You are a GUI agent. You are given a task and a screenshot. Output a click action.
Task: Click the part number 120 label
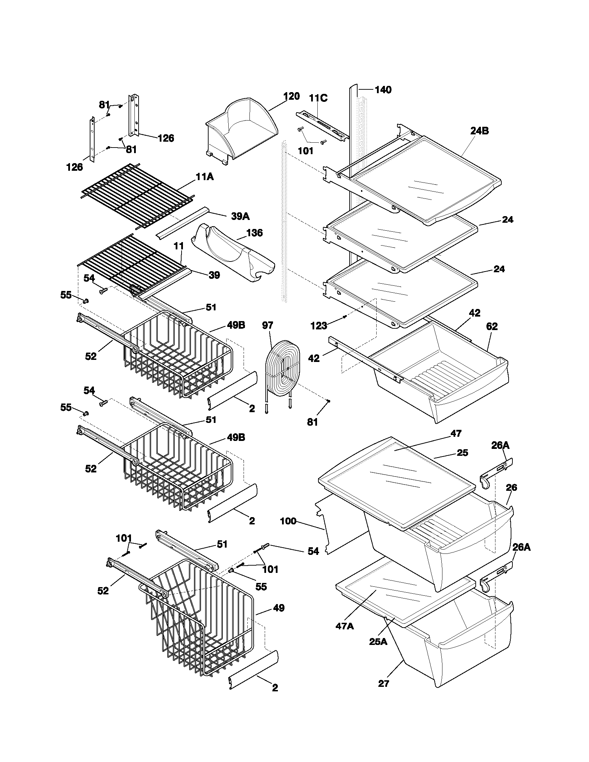(x=291, y=97)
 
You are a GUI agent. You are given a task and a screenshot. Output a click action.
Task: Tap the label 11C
(x=318, y=98)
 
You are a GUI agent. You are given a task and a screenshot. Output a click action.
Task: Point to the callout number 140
(x=383, y=90)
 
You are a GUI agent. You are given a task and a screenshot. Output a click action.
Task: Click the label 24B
(x=480, y=131)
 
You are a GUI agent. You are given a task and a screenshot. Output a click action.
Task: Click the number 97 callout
(x=267, y=326)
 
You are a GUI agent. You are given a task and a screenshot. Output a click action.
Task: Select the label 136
(x=254, y=233)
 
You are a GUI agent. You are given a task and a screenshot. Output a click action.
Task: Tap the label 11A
(x=204, y=177)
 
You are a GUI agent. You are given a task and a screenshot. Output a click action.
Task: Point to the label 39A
(x=240, y=216)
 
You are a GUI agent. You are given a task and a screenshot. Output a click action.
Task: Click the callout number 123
(x=318, y=326)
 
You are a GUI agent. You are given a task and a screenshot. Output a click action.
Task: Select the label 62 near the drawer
(x=492, y=327)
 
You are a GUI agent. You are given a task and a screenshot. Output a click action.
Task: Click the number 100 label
(x=288, y=521)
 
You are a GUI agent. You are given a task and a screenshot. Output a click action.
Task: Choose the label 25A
(x=378, y=641)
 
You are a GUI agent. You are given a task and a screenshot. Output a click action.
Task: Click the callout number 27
(x=384, y=683)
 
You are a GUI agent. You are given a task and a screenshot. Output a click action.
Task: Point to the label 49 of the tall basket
(x=279, y=608)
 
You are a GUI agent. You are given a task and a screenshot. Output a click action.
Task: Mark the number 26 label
(x=511, y=487)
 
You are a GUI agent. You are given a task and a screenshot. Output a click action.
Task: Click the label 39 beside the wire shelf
(x=214, y=275)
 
